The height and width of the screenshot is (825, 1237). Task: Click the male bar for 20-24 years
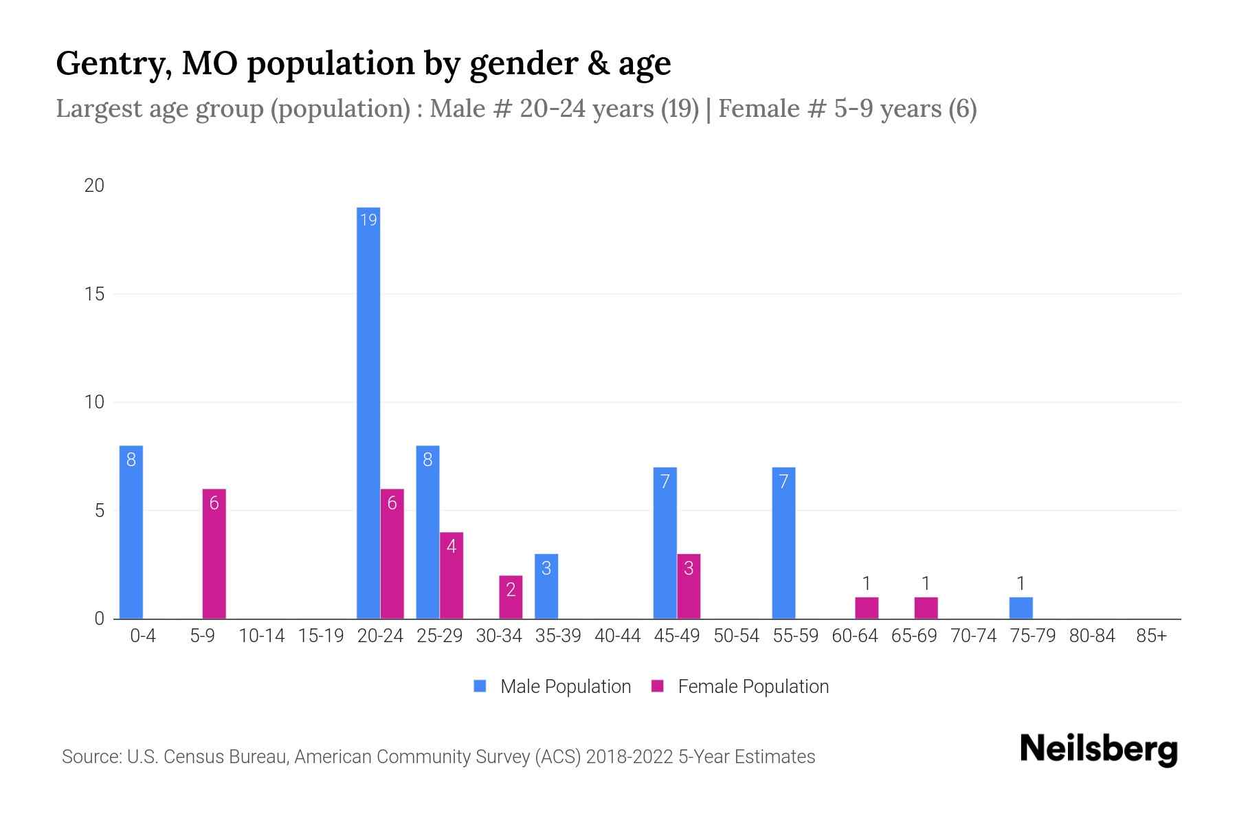(x=368, y=412)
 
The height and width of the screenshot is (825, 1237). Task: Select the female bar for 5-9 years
(x=214, y=553)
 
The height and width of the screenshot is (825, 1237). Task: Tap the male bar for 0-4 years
(x=131, y=532)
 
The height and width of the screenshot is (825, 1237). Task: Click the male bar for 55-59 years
(x=783, y=543)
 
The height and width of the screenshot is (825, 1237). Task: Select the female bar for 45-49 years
(x=689, y=586)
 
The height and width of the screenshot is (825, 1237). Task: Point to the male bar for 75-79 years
(x=1021, y=608)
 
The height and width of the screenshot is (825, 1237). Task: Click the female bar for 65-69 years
(x=926, y=608)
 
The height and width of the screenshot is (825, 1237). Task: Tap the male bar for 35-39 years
(x=546, y=586)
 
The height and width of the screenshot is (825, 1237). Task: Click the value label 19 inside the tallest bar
(x=368, y=220)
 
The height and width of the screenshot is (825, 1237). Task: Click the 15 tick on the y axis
(x=95, y=294)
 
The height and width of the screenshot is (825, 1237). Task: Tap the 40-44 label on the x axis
(x=617, y=636)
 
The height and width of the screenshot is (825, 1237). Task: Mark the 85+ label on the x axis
(x=1151, y=636)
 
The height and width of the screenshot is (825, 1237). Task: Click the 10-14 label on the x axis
(x=261, y=636)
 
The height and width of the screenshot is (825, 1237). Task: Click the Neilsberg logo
(x=1098, y=749)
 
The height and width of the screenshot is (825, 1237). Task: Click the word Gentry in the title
(x=113, y=64)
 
